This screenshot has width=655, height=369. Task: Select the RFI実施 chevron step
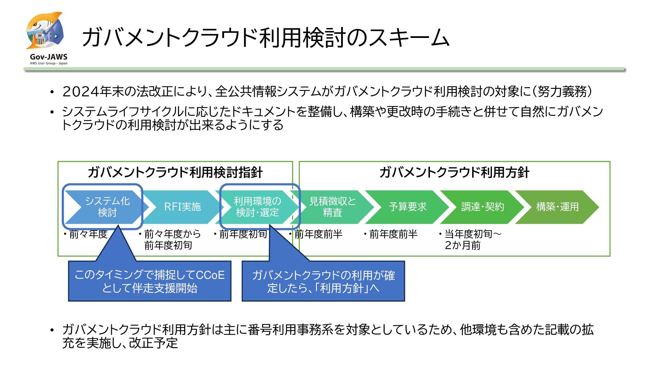pyautogui.click(x=182, y=207)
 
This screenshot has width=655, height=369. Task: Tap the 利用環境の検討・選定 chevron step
pyautogui.click(x=258, y=207)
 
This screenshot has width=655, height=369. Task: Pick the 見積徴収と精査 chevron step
pyautogui.click(x=332, y=207)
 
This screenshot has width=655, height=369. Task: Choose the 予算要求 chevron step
pyautogui.click(x=407, y=207)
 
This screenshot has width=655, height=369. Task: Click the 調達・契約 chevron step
pyautogui.click(x=482, y=207)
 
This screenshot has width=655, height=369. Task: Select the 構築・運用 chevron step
pyautogui.click(x=557, y=207)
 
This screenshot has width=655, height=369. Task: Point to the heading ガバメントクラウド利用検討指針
pyautogui.click(x=175, y=173)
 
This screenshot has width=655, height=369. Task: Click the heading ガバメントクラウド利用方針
pyautogui.click(x=454, y=173)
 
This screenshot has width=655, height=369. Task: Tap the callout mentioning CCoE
pyautogui.click(x=149, y=281)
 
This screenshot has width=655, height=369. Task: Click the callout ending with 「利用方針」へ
pyautogui.click(x=323, y=282)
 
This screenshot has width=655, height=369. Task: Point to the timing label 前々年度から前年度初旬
pyautogui.click(x=171, y=240)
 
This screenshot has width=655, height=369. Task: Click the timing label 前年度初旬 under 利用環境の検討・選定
pyautogui.click(x=243, y=234)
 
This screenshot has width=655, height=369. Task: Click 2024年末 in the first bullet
pyautogui.click(x=87, y=92)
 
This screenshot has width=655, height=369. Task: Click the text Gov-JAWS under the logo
pyautogui.click(x=48, y=57)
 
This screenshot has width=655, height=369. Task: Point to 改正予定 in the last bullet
pyautogui.click(x=154, y=343)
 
